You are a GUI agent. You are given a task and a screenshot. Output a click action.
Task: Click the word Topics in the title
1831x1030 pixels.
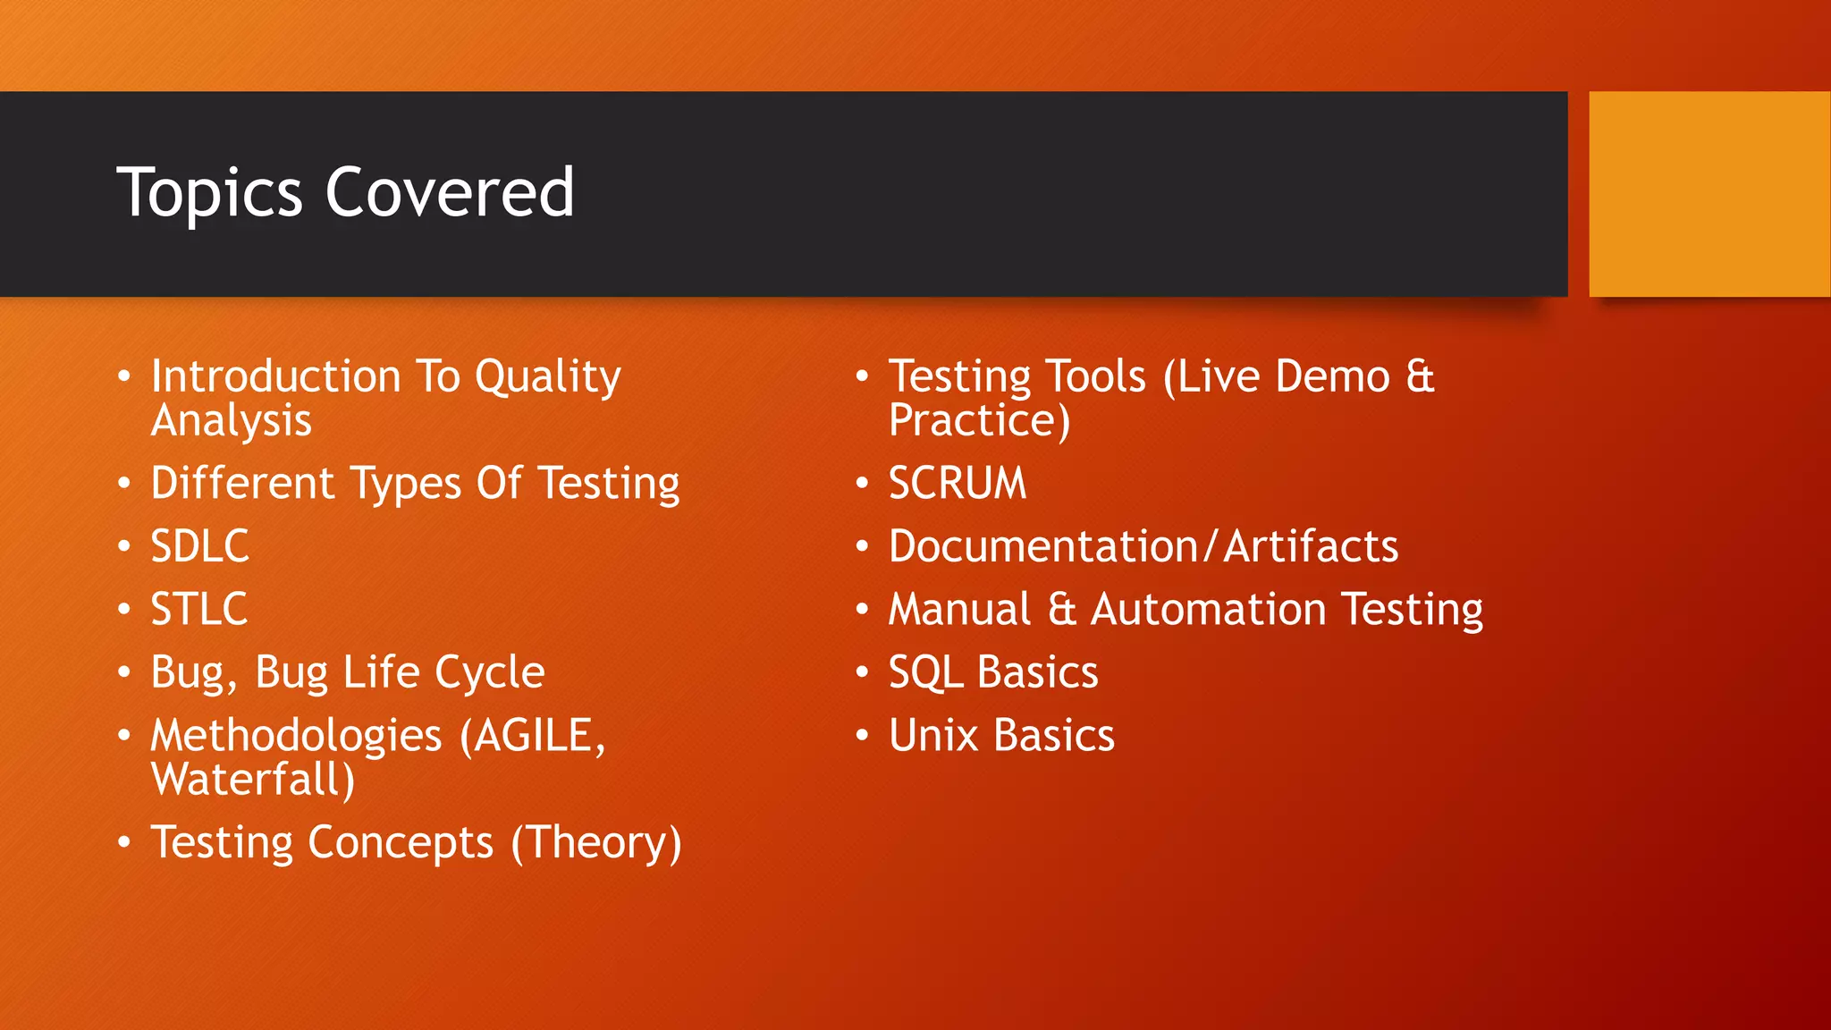pos(210,194)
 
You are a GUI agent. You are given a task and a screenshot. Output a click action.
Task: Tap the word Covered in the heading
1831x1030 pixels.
pos(450,192)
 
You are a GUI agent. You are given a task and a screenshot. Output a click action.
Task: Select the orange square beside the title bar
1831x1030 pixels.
pos(1709,194)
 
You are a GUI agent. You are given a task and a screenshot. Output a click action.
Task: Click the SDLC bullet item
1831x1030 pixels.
pos(199,546)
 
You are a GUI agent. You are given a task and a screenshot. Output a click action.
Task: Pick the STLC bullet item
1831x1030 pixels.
pos(198,610)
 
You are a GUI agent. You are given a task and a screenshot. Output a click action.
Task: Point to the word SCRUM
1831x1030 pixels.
pos(957,484)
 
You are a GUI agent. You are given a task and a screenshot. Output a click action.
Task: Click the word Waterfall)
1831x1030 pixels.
pos(252,780)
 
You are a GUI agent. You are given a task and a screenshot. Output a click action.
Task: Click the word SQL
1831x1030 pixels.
pos(925,673)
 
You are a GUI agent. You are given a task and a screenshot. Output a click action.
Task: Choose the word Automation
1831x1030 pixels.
pos(1208,610)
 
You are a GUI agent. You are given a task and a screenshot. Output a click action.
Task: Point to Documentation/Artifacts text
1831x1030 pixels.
pos(1143,546)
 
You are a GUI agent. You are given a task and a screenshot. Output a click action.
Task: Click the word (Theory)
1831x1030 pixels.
pos(595,843)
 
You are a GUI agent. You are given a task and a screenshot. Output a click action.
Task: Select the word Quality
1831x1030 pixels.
pos(547,377)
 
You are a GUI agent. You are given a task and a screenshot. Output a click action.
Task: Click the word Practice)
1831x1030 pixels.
pos(978,421)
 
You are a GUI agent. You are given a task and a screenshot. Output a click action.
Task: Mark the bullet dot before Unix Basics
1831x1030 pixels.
pos(862,736)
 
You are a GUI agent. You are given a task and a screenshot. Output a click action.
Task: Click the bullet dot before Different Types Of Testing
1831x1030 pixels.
pos(124,484)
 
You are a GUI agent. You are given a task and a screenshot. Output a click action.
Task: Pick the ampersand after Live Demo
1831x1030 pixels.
pos(1420,376)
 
